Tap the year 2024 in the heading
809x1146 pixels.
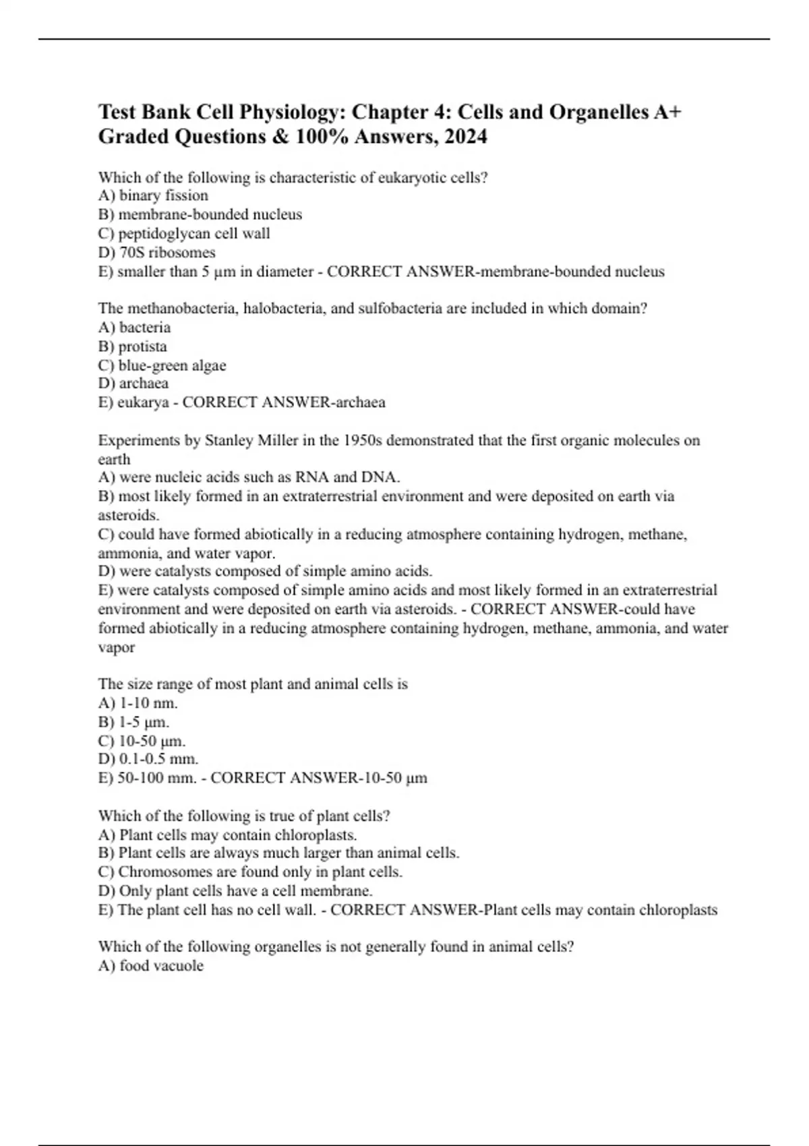click(462, 137)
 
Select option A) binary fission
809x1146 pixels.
click(153, 195)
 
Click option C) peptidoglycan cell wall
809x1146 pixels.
click(184, 234)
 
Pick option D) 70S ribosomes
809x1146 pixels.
click(157, 253)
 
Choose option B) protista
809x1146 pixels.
click(133, 346)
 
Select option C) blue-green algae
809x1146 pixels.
click(162, 365)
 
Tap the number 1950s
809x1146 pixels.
click(361, 441)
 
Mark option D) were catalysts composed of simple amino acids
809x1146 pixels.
click(266, 572)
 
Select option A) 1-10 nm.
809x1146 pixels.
click(138, 703)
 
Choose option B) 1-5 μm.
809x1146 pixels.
click(134, 722)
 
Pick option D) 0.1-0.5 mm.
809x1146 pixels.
click(148, 759)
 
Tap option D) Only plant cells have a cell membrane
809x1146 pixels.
click(235, 891)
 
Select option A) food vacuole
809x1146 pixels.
click(151, 966)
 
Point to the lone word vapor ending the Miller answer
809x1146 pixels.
click(117, 648)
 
